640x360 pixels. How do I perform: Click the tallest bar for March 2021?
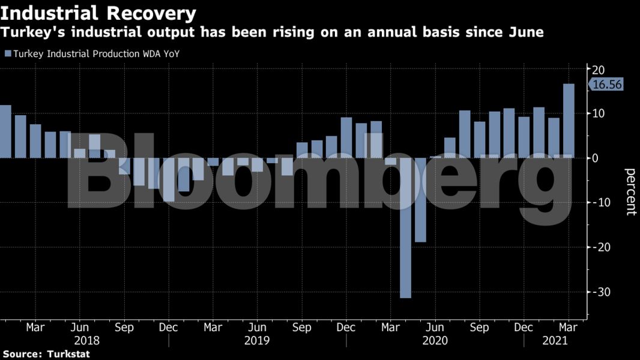click(x=568, y=120)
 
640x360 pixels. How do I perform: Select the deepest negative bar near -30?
click(x=406, y=228)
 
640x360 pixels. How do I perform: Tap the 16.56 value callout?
click(x=607, y=85)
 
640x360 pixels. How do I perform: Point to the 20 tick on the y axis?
click(x=598, y=68)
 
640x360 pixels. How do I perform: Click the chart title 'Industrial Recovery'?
click(x=98, y=13)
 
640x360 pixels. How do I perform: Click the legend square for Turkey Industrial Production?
click(x=8, y=54)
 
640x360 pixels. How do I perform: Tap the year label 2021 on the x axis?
click(x=553, y=340)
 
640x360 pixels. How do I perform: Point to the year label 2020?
click(x=435, y=340)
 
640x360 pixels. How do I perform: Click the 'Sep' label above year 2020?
click(x=479, y=328)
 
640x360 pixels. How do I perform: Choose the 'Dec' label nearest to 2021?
click(x=524, y=328)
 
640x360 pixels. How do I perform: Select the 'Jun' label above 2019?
click(x=257, y=328)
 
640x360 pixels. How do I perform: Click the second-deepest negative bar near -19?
click(x=420, y=200)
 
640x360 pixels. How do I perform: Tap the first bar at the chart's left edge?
click(x=5, y=131)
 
